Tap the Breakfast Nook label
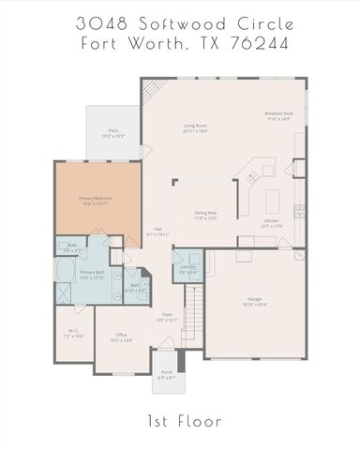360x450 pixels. coord(279,116)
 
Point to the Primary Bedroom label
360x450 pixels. coord(94,201)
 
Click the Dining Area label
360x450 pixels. coord(206,215)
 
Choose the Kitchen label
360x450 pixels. coord(270,223)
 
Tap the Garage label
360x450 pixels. coord(253,302)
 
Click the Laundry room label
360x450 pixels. coord(187,268)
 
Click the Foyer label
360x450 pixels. coord(166,316)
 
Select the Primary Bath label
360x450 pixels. coord(91,276)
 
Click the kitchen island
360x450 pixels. coord(274,201)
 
